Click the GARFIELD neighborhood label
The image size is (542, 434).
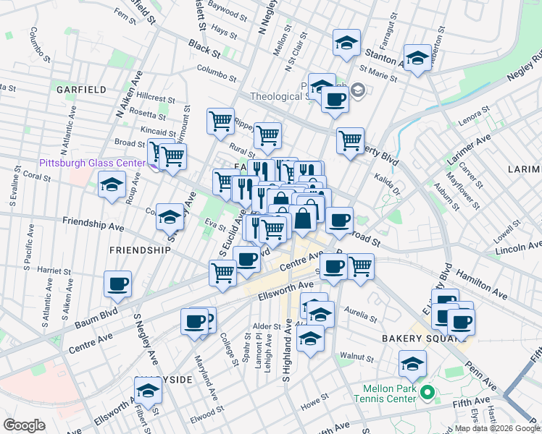(x=82, y=90)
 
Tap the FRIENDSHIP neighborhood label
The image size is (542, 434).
(x=139, y=250)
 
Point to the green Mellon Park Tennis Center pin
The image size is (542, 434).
(x=428, y=394)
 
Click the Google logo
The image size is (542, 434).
(x=24, y=425)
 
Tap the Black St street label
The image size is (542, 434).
(x=204, y=49)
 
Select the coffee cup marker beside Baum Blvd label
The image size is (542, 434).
(x=117, y=284)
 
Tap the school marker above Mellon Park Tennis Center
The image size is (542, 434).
(x=412, y=364)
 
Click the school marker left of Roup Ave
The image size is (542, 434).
(x=112, y=187)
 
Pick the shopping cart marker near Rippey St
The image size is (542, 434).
(x=220, y=122)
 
